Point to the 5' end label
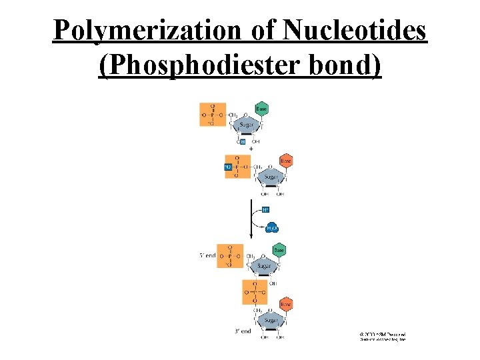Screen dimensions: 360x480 point(208,255)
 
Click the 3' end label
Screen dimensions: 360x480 point(241,331)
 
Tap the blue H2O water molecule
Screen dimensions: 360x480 point(272,228)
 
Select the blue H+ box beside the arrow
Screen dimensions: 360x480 point(266,209)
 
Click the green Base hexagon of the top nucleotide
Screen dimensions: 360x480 point(262,109)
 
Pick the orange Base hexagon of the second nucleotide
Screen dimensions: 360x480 point(285,161)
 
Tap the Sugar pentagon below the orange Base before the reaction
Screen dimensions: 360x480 point(269,177)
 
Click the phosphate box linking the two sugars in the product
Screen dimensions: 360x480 point(256,293)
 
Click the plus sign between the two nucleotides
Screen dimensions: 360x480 point(251,148)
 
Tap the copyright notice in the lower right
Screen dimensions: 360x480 point(383,336)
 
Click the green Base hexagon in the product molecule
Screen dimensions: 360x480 point(279,250)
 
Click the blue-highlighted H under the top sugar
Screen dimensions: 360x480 point(243,141)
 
